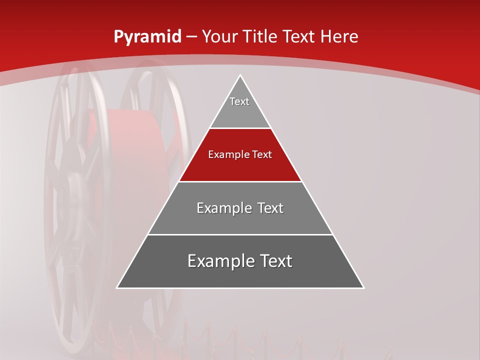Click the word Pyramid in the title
(x=147, y=37)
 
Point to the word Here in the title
(x=339, y=36)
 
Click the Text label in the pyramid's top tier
(x=239, y=101)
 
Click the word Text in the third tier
(x=270, y=208)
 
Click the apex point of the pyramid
(x=240, y=75)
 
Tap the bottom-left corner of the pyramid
(x=117, y=287)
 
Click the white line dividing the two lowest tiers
(x=240, y=234)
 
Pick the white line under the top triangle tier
(x=240, y=128)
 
